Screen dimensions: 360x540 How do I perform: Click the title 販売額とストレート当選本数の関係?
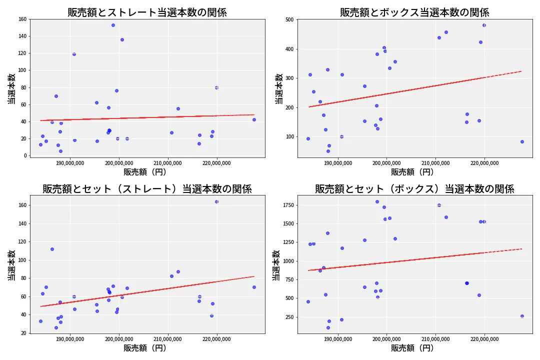pyautogui.click(x=147, y=12)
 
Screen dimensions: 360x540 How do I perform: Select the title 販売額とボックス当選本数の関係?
pyautogui.click(x=414, y=12)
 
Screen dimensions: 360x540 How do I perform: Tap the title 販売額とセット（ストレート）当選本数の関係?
pyautogui.click(x=147, y=189)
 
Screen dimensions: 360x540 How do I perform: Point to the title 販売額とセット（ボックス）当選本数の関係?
pyautogui.click(x=414, y=189)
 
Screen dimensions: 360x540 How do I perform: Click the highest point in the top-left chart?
pyautogui.click(x=113, y=25)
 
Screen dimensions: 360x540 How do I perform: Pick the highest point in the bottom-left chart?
pyautogui.click(x=216, y=201)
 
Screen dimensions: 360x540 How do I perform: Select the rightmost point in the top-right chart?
pyautogui.click(x=522, y=141)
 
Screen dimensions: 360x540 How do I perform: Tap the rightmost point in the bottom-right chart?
pyautogui.click(x=522, y=316)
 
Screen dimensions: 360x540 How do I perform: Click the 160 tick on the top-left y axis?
pyautogui.click(x=22, y=19)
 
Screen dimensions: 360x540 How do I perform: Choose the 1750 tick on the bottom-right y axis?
pyautogui.click(x=287, y=205)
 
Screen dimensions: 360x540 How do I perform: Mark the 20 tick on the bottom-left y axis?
pyautogui.click(x=23, y=333)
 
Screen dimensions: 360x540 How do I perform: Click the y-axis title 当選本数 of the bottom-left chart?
pyautogui.click(x=10, y=265)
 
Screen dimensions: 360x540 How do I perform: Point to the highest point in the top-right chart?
pyautogui.click(x=484, y=25)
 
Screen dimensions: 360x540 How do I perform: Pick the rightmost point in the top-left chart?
pyautogui.click(x=254, y=119)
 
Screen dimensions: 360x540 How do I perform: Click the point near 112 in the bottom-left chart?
pyautogui.click(x=52, y=249)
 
